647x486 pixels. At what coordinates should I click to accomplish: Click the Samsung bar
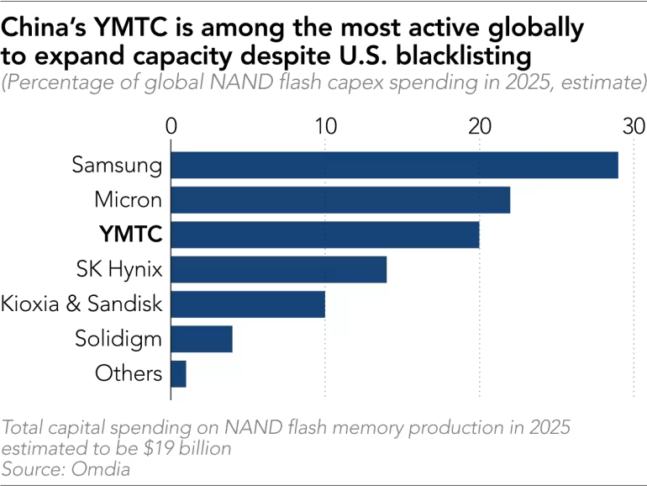[x=394, y=165]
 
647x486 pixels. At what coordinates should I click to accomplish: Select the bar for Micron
[x=340, y=200]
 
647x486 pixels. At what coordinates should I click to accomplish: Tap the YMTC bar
[x=325, y=235]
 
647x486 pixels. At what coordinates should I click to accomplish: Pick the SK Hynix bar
[x=279, y=269]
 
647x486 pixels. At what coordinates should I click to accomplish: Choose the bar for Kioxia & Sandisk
[x=248, y=304]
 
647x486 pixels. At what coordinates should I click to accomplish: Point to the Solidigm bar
[x=202, y=338]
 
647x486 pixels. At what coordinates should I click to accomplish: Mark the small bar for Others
[x=179, y=372]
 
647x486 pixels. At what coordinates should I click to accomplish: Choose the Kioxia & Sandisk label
[x=82, y=304]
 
